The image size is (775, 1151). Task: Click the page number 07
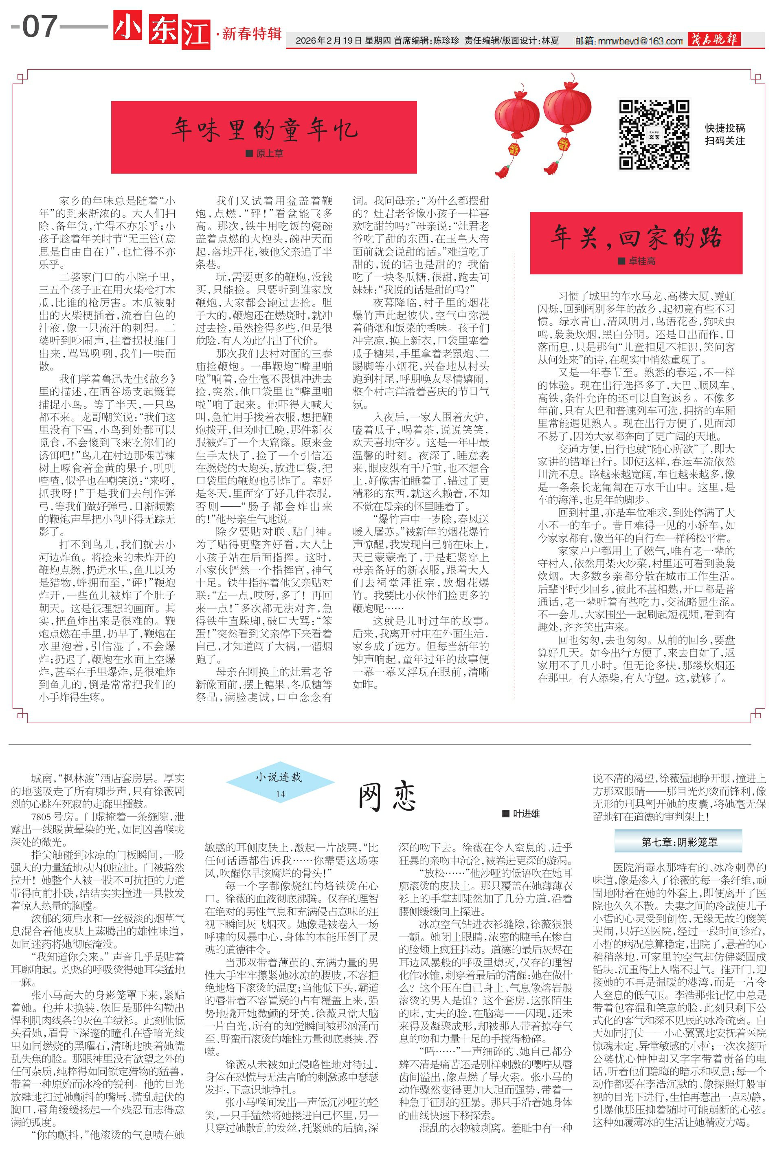40,27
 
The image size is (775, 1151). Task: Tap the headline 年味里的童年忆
264,130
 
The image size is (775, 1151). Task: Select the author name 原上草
269,154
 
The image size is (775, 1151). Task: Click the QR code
654,135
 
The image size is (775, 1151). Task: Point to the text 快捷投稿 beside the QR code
725,128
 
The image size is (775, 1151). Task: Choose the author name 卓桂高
641,261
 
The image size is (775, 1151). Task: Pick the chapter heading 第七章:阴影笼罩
678,842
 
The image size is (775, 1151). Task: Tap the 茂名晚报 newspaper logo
714,40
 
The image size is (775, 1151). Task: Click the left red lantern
516,126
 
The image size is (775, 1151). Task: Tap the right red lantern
566,116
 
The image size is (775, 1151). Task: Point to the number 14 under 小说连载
280,794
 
